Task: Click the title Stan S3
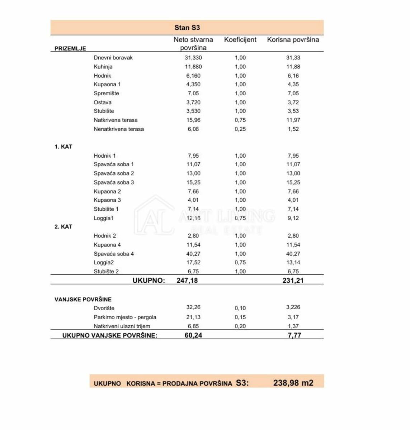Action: pos(187,28)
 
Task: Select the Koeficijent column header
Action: pos(240,40)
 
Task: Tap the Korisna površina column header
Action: pos(293,40)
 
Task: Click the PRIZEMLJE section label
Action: pos(70,48)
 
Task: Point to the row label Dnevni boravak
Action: pos(113,58)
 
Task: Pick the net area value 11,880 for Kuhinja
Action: pos(193,67)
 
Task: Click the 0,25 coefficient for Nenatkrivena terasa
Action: pos(240,129)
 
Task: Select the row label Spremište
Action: pos(106,93)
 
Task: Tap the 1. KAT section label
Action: pos(63,147)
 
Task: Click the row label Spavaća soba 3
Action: pos(114,182)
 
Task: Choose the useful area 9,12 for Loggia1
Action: pos(293,218)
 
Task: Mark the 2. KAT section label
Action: pos(63,226)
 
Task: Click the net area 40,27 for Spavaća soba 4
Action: pos(193,254)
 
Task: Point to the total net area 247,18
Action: pos(187,281)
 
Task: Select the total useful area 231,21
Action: pos(293,281)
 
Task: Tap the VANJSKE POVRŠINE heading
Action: pos(83,299)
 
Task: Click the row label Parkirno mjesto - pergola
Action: pos(125,317)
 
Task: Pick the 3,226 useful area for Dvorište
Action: pos(293,307)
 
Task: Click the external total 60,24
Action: pos(193,335)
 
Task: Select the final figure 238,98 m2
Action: pos(293,383)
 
